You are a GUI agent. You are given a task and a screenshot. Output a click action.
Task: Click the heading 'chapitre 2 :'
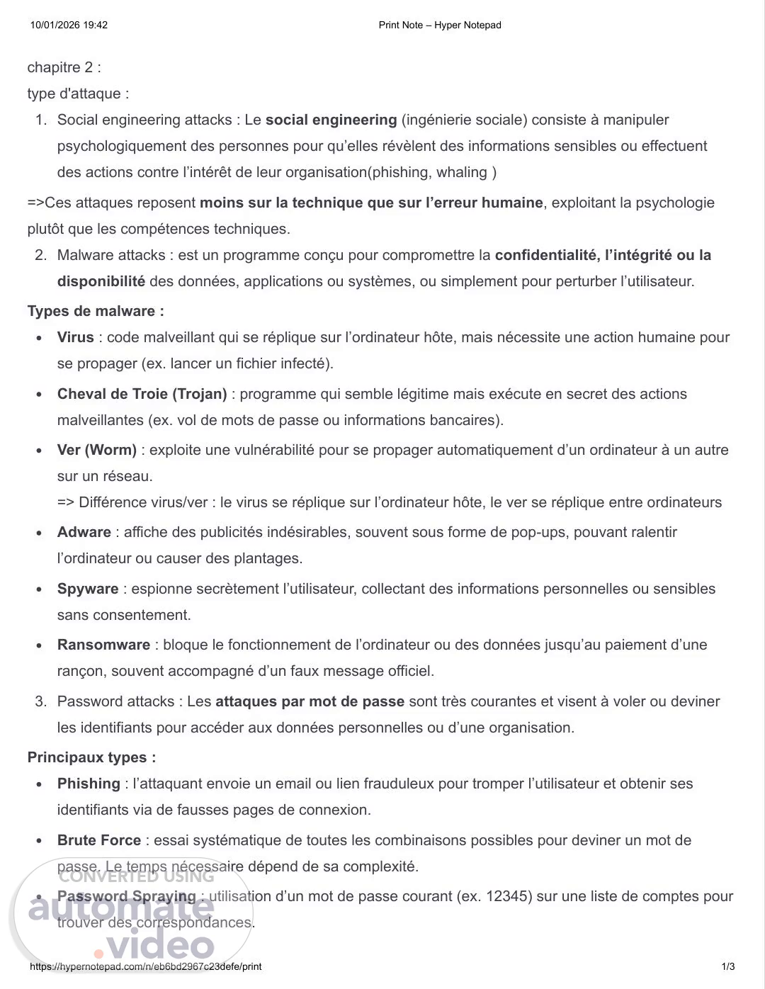click(x=64, y=67)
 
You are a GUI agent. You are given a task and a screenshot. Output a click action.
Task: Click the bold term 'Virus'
click(x=75, y=337)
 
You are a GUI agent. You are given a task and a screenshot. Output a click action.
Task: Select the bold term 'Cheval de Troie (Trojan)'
click(x=142, y=394)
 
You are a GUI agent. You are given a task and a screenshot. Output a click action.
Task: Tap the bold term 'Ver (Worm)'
click(x=97, y=450)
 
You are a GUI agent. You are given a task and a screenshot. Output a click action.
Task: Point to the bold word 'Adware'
click(x=84, y=532)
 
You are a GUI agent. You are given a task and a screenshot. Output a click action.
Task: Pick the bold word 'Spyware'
click(x=88, y=589)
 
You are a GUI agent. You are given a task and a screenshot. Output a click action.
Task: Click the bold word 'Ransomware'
click(x=103, y=645)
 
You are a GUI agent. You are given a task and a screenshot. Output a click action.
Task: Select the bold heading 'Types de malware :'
click(x=96, y=311)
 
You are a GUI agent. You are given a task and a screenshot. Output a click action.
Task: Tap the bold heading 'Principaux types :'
click(x=91, y=757)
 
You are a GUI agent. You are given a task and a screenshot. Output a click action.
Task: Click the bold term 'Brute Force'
click(x=99, y=840)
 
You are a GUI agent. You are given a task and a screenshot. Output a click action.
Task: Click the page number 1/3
click(x=728, y=966)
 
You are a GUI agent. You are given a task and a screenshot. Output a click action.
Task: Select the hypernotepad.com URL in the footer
click(x=145, y=966)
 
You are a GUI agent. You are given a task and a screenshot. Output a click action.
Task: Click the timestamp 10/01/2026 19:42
click(x=69, y=26)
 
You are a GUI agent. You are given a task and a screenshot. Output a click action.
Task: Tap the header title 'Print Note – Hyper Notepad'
click(x=440, y=26)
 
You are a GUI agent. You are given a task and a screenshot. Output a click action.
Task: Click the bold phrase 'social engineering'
click(x=331, y=120)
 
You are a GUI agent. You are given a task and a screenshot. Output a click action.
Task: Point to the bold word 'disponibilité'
click(x=101, y=281)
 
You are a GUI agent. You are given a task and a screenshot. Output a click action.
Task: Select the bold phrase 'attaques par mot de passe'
click(x=310, y=701)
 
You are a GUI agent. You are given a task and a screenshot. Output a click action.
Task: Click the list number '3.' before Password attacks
click(x=40, y=701)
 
